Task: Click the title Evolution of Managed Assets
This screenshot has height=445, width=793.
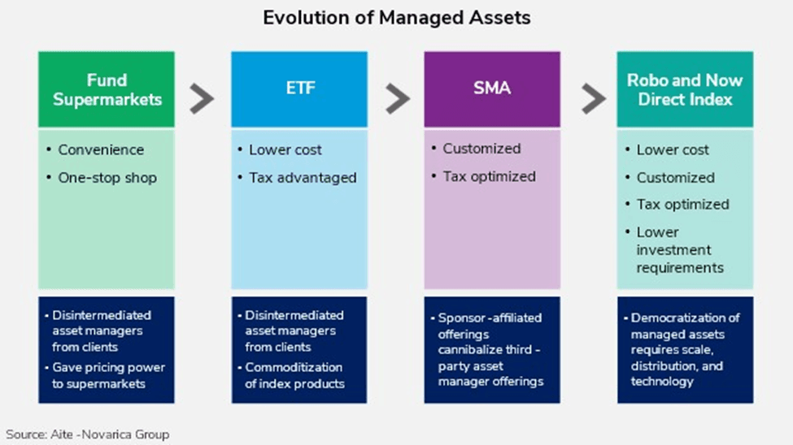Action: point(396,18)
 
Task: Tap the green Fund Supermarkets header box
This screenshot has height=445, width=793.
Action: point(107,89)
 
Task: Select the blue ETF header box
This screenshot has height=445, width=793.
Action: point(298,89)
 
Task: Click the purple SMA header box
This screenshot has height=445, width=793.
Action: point(491,89)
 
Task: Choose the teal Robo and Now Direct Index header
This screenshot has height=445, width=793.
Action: point(685,89)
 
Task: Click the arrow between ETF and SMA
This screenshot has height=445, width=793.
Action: point(397,98)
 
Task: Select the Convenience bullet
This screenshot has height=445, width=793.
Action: point(100,150)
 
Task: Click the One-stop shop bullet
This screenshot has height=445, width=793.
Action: point(107,178)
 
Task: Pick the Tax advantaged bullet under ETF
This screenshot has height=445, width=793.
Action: point(303,178)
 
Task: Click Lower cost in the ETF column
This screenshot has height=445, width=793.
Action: point(285,150)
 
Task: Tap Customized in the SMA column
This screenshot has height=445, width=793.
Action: point(481,149)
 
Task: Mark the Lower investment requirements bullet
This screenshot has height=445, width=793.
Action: point(680,250)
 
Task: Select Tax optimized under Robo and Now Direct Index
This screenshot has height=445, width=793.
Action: point(682,205)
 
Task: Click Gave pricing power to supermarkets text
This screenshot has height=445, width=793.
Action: point(108,375)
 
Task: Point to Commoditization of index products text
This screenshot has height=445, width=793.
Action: point(294,375)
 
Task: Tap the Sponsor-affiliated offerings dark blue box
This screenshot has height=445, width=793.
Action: point(491,349)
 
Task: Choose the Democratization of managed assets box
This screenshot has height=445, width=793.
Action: point(685,349)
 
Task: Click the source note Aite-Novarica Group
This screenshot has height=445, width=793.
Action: point(88,434)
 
